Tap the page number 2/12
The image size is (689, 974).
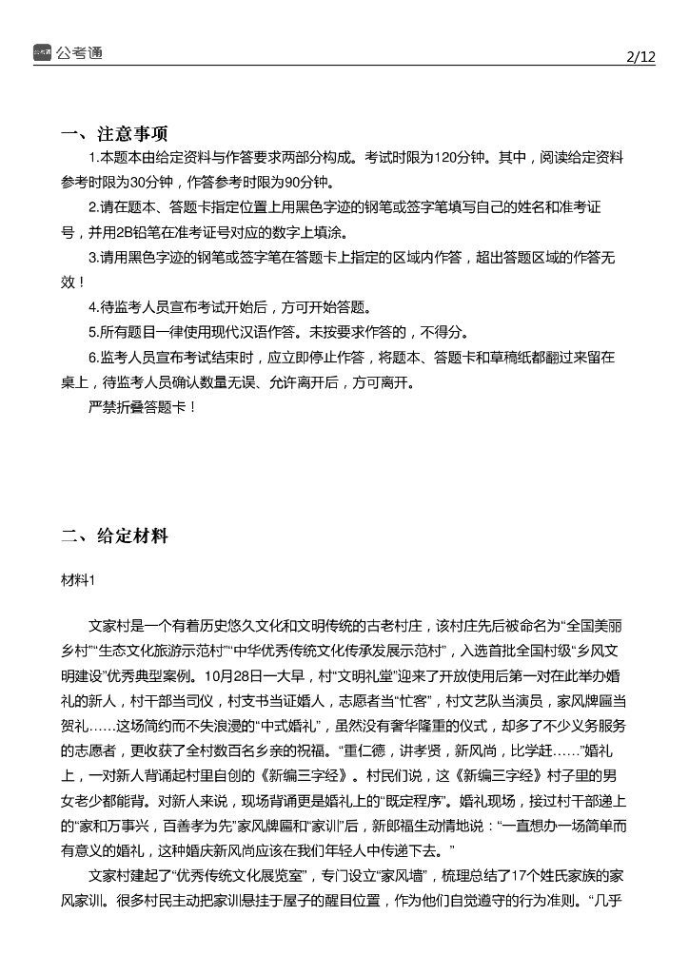(640, 56)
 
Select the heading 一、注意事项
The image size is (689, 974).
(115, 132)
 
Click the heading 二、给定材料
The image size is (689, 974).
(115, 536)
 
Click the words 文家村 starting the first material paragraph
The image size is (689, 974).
(109, 627)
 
